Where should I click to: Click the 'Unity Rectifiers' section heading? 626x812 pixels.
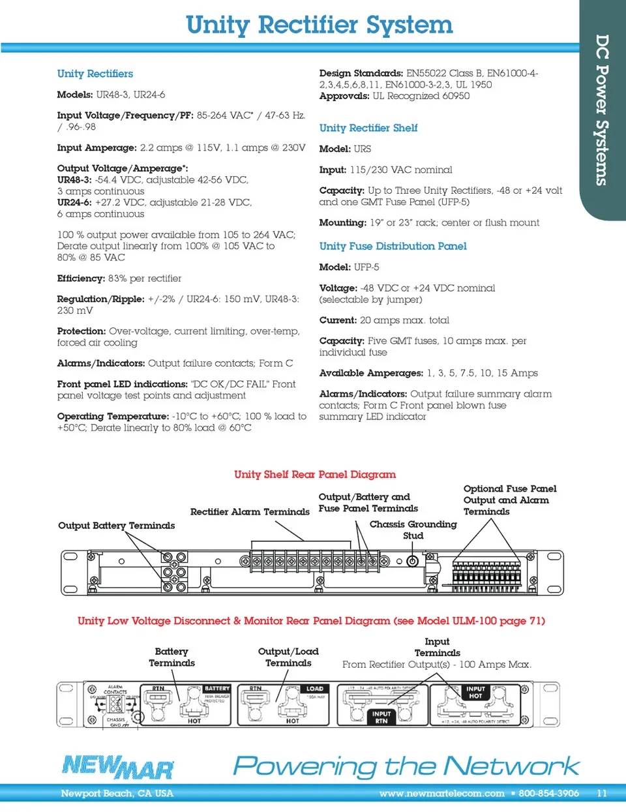(95, 74)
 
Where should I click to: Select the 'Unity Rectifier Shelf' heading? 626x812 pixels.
(368, 128)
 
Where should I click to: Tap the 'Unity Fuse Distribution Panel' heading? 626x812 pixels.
(393, 246)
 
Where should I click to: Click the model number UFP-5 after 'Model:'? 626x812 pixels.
(366, 267)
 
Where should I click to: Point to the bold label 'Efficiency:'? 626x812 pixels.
(81, 278)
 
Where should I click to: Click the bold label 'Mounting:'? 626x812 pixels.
(342, 222)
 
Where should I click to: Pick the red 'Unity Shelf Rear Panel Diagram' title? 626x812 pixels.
(315, 474)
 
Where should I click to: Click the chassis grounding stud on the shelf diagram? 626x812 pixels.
(412, 561)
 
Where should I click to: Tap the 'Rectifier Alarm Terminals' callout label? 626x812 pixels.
(250, 512)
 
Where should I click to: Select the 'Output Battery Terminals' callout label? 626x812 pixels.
(116, 526)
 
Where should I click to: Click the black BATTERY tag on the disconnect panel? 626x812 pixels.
(216, 689)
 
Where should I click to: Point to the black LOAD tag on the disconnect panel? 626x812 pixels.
(315, 689)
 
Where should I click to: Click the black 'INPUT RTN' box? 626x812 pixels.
(381, 717)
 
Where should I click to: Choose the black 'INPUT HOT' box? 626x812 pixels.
(475, 693)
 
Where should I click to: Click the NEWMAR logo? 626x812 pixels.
(118, 767)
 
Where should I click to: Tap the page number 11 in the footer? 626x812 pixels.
(601, 794)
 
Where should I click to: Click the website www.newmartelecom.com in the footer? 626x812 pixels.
(441, 794)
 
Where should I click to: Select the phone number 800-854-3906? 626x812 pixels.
(548, 794)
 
